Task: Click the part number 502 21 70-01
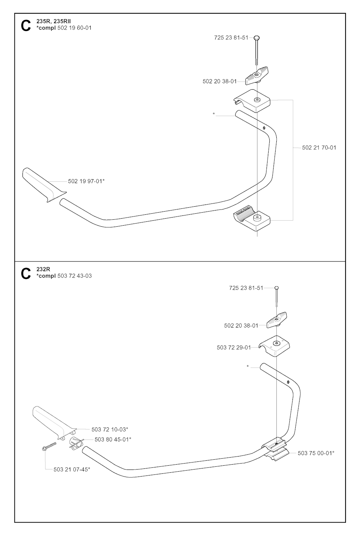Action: point(319,148)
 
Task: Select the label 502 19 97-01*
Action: point(86,181)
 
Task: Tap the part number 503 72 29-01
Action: point(234,347)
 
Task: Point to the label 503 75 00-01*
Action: point(316,453)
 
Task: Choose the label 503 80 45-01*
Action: point(113,439)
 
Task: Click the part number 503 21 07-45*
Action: point(72,470)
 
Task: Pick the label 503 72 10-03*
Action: point(110,429)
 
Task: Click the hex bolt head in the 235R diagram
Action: point(257,38)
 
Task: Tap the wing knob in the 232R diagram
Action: point(277,319)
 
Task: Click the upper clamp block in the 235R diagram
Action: point(252,101)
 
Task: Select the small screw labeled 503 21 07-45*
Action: point(49,447)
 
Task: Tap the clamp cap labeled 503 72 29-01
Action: point(274,346)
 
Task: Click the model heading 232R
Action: point(43,270)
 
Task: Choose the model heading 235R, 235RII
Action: point(53,21)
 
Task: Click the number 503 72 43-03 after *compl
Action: point(75,276)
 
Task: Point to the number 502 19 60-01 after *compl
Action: point(74,28)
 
